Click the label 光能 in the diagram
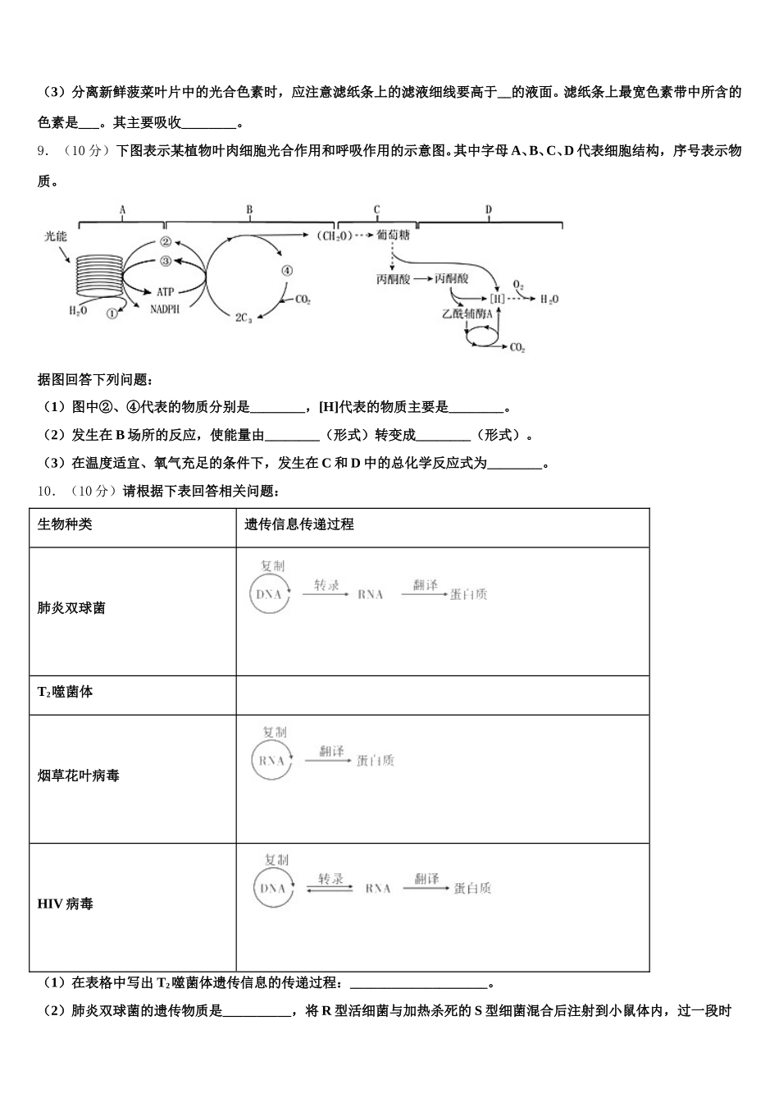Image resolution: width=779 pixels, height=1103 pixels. [x=56, y=236]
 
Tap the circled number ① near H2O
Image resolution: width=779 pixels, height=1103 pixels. [x=112, y=312]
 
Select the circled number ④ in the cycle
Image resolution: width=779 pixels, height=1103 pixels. [x=285, y=271]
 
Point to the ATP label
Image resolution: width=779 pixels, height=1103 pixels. [x=166, y=291]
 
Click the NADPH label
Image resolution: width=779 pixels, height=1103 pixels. [x=165, y=309]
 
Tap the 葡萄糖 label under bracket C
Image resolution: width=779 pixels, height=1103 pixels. [x=393, y=236]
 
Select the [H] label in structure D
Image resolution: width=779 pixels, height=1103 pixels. [x=498, y=299]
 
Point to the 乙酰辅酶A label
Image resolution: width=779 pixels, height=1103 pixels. [x=472, y=314]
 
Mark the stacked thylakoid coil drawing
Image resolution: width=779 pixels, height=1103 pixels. [x=98, y=275]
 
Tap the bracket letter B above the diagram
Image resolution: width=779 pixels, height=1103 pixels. [x=249, y=210]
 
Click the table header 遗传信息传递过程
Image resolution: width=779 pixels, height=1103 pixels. [x=298, y=524]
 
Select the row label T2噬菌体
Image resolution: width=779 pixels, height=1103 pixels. [x=66, y=692]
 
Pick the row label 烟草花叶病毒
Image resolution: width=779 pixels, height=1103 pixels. [x=79, y=776]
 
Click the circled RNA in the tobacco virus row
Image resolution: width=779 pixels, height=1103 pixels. [x=271, y=760]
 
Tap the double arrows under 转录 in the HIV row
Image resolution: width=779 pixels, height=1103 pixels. [x=330, y=889]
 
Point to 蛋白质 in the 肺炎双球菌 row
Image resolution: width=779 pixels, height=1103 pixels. [x=468, y=594]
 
